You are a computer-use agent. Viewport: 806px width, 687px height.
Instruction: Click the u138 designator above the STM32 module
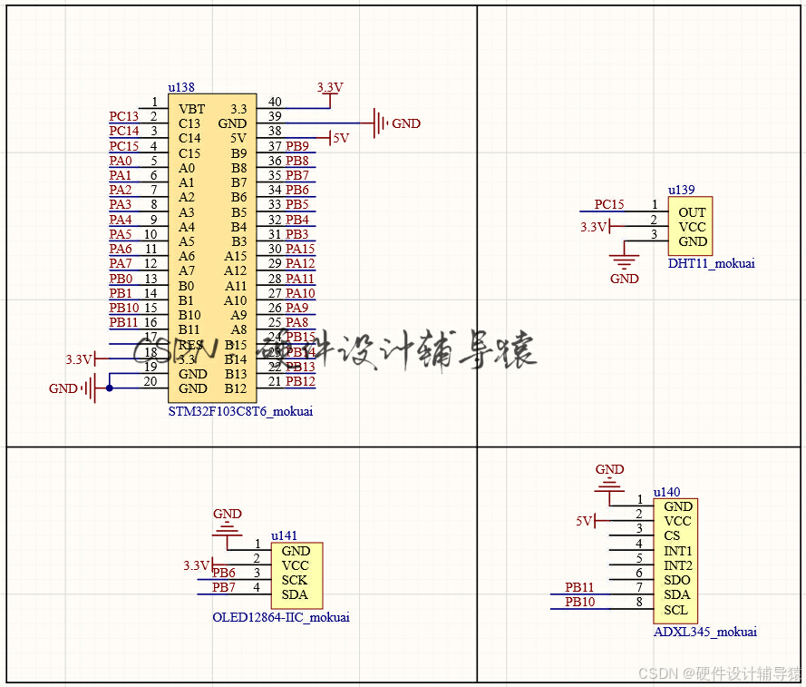tap(181, 87)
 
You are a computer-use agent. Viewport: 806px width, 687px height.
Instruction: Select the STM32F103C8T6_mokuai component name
tap(241, 411)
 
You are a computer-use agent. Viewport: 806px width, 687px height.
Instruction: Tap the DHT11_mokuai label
tap(711, 263)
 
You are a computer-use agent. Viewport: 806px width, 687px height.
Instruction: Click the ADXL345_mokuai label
tap(704, 632)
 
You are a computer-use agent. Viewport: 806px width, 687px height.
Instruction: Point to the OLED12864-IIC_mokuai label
tap(280, 617)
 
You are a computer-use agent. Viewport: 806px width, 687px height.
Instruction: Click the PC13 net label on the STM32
tap(124, 116)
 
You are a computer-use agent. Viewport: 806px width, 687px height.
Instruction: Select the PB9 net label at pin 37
tap(297, 146)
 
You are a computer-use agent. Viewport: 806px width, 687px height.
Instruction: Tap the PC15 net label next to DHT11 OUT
tap(609, 204)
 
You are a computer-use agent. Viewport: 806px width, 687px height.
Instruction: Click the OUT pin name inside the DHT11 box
tap(692, 212)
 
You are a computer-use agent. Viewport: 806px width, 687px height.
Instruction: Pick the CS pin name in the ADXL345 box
tap(671, 535)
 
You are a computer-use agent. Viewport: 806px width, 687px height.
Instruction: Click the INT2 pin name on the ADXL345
tap(677, 565)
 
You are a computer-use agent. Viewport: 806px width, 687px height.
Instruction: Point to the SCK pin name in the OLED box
tap(295, 580)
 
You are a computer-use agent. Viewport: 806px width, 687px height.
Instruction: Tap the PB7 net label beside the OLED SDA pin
tap(224, 587)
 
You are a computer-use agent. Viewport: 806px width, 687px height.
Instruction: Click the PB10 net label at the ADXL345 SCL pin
tap(580, 602)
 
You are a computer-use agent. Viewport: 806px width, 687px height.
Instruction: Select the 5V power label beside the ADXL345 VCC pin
tap(584, 521)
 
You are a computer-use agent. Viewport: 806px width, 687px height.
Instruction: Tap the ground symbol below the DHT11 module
tap(624, 262)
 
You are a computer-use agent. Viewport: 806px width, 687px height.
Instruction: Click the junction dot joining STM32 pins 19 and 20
tap(110, 388)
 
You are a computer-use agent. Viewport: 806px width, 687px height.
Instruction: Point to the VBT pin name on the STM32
tap(191, 109)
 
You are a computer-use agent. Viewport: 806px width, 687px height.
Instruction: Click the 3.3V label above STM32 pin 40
tap(330, 87)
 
